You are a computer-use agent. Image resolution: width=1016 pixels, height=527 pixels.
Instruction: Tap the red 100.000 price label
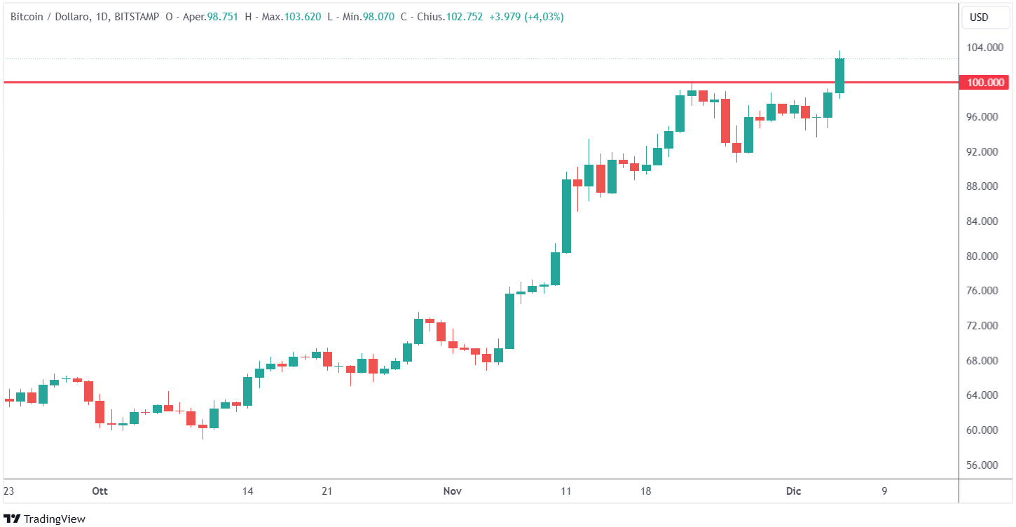tap(985, 83)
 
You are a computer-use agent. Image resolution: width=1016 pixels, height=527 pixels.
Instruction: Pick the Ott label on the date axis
tap(100, 492)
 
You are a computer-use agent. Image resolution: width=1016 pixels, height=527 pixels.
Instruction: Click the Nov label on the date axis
tap(452, 492)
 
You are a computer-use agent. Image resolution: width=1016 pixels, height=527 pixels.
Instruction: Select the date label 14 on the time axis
tap(247, 492)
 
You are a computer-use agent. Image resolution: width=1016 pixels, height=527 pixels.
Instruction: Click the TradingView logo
tap(45, 519)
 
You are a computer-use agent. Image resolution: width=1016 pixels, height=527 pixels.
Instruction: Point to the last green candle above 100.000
tap(839, 75)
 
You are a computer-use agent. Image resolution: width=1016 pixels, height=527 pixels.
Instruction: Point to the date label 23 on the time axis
tap(9, 492)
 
